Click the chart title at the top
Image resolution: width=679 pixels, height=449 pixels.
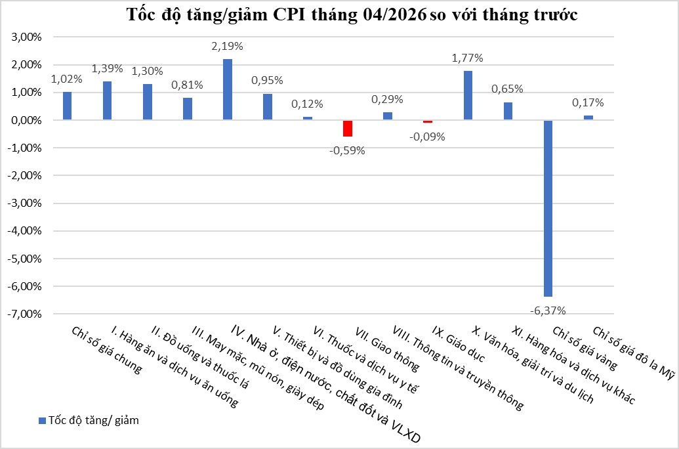352,14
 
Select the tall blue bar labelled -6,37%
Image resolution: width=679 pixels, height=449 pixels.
548,209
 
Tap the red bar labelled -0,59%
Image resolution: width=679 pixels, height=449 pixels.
347,128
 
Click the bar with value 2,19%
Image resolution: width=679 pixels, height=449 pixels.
228,89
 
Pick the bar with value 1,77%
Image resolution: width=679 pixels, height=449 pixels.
468,95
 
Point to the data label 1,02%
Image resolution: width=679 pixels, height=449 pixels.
67,79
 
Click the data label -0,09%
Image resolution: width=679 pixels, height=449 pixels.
427,137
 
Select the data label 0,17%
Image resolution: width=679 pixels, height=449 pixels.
588,102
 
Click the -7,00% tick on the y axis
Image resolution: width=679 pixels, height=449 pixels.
25,314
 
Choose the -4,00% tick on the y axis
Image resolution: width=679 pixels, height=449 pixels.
25,231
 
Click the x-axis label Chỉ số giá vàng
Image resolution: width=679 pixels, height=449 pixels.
585,349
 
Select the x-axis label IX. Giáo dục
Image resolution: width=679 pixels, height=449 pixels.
459,345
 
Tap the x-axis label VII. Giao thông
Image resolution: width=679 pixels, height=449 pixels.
387,349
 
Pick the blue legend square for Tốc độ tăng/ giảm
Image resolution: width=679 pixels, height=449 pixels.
42,420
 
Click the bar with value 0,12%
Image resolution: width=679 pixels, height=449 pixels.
308,118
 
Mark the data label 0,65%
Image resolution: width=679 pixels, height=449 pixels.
508,89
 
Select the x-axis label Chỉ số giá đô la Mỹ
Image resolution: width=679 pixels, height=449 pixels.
634,353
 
